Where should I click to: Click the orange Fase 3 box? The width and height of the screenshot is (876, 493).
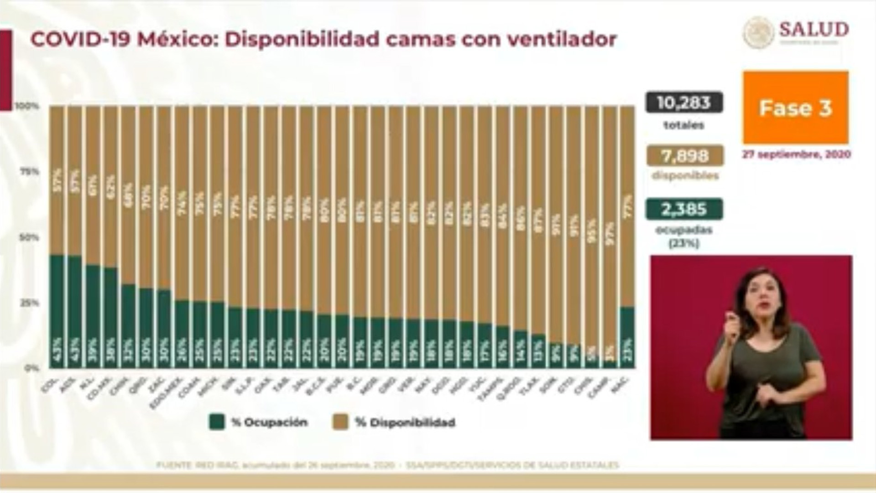coord(795,108)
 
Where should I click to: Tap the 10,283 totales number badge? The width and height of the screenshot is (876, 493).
coord(683,103)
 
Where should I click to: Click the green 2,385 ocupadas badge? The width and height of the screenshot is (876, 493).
coord(683,210)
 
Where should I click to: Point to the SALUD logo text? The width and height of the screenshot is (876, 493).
coord(813,30)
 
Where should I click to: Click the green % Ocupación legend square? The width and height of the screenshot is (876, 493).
coord(217,422)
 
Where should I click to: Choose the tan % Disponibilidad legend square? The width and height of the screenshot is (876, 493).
coord(340,422)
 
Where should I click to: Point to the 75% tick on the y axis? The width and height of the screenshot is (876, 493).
coord(28,172)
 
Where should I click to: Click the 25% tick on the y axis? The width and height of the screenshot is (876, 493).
coord(28,303)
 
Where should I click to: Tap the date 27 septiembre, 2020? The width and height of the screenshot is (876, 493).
coord(796,155)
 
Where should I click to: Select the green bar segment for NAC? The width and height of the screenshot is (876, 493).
coord(627,338)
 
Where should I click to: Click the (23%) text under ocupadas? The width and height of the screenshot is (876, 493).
coord(683,244)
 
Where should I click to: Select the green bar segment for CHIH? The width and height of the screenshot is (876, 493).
coord(129,326)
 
